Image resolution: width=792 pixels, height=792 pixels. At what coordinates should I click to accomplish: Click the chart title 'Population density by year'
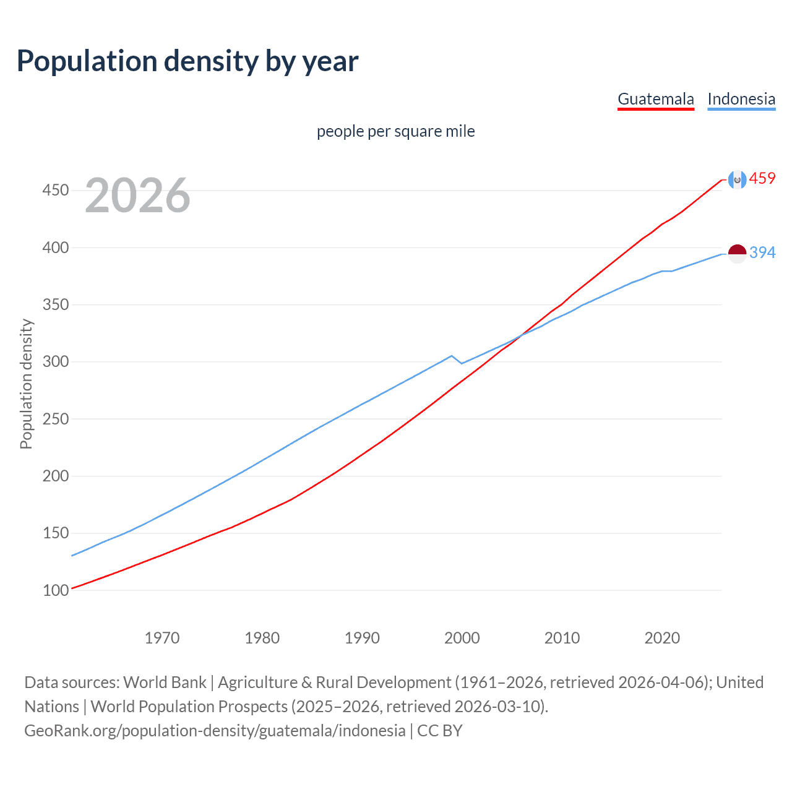tap(187, 61)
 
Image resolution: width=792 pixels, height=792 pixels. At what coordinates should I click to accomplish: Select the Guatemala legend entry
tap(656, 99)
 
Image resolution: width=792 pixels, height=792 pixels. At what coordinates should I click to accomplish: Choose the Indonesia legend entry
tap(741, 99)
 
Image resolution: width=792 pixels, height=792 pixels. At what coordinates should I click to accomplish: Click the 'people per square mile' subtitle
tap(396, 131)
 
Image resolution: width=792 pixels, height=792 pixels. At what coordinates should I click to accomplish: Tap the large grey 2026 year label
tap(137, 196)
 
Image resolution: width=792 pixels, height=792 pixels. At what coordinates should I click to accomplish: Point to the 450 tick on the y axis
tap(55, 190)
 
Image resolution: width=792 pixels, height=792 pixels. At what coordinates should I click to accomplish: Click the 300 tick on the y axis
tap(55, 361)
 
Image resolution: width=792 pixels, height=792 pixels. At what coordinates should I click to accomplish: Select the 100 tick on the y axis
tap(55, 590)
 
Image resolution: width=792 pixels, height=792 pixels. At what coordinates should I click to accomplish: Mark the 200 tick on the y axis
tap(55, 476)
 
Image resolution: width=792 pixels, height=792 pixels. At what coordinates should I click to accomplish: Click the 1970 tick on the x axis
tap(162, 638)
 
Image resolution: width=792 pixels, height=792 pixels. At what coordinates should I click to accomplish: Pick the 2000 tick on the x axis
tap(462, 638)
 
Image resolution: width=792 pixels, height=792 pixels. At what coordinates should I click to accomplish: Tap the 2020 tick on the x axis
tap(662, 638)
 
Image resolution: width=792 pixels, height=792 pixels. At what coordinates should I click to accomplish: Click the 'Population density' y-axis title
tap(26, 384)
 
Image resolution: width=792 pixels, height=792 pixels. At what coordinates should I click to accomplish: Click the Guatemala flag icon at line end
tap(737, 179)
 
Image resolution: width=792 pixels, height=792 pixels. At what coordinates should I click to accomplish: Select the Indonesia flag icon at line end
tap(737, 253)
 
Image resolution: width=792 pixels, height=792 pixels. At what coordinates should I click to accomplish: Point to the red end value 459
tap(762, 179)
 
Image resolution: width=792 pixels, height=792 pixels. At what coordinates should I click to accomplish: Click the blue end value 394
tap(762, 252)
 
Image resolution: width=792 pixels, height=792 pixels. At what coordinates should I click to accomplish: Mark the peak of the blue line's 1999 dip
tap(452, 356)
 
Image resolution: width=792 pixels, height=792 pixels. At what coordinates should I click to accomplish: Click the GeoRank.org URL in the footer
tap(215, 731)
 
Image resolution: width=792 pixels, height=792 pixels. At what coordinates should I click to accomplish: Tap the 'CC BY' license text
tap(440, 731)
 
